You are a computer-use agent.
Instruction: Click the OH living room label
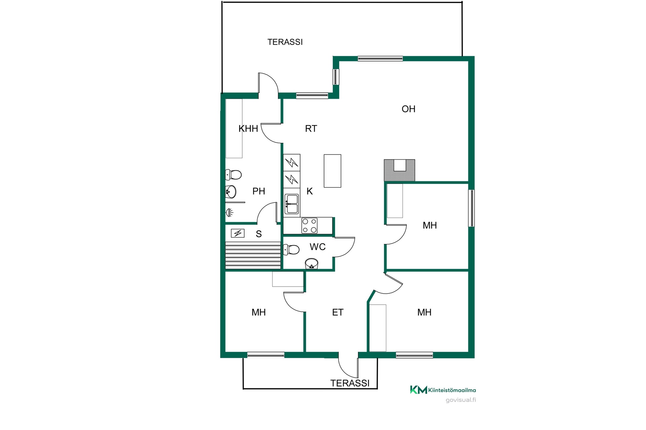tap(408, 109)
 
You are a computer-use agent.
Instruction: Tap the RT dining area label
tap(311, 129)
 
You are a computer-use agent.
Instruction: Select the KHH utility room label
tap(248, 129)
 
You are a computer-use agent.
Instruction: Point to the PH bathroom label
tap(259, 191)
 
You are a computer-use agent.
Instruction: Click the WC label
tap(318, 247)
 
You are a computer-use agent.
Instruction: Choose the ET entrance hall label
tap(338, 312)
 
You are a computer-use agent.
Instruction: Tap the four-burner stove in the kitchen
tap(310, 226)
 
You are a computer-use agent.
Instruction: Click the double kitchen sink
tap(292, 204)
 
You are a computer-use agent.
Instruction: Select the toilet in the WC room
tap(291, 250)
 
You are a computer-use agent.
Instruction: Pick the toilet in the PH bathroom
tap(234, 175)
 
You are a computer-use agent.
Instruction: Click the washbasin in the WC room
tap(312, 263)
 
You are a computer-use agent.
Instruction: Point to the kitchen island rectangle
tap(332, 171)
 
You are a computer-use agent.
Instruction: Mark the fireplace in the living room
tap(399, 170)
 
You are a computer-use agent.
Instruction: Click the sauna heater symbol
tap(238, 233)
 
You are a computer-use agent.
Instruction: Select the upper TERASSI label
tap(285, 42)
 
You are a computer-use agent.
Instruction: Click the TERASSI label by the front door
tap(350, 383)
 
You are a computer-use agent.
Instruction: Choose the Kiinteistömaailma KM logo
tap(443, 390)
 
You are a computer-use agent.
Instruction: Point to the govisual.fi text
tap(461, 400)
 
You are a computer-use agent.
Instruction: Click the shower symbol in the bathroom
tap(229, 212)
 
